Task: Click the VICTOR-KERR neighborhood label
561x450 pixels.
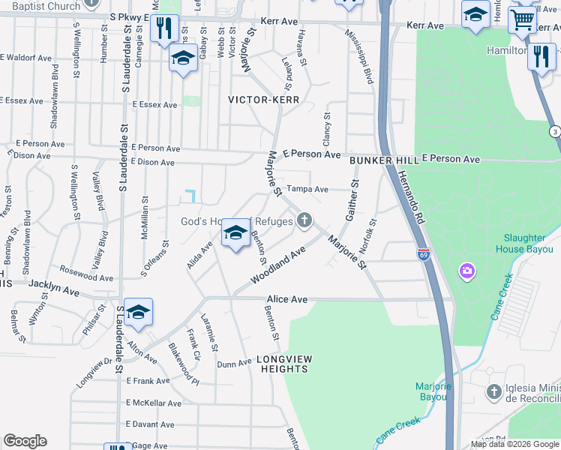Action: (x=263, y=100)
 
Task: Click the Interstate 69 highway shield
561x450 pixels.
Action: (x=424, y=255)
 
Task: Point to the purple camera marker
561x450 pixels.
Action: (x=467, y=270)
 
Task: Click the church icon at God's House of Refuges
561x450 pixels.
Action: (x=304, y=220)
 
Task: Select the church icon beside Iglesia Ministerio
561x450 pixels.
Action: (x=493, y=391)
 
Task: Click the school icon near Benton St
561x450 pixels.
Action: (x=235, y=235)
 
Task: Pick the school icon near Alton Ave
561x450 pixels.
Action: (x=139, y=312)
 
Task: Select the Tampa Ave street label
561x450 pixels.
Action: (x=308, y=190)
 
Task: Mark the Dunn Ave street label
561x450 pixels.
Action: (x=234, y=363)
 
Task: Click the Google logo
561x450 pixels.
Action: (x=25, y=441)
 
